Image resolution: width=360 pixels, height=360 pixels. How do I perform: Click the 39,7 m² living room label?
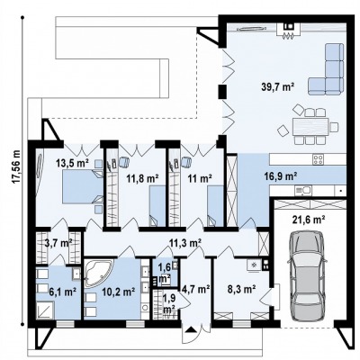278,87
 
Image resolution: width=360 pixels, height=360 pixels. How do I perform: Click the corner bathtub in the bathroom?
98,274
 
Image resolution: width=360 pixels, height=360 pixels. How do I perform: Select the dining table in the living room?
309,126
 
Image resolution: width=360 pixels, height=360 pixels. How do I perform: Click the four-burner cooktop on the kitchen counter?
318,158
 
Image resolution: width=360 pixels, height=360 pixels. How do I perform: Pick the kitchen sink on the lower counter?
303,190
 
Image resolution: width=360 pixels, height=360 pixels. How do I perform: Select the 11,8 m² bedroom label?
142,178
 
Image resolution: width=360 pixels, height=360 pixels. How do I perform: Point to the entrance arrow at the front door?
191,330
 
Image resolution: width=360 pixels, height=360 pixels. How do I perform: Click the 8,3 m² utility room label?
241,289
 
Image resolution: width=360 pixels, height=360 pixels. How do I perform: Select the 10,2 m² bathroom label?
118,291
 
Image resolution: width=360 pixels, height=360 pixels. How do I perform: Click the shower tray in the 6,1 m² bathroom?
45,310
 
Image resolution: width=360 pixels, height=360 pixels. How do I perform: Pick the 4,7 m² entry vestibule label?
195,289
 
